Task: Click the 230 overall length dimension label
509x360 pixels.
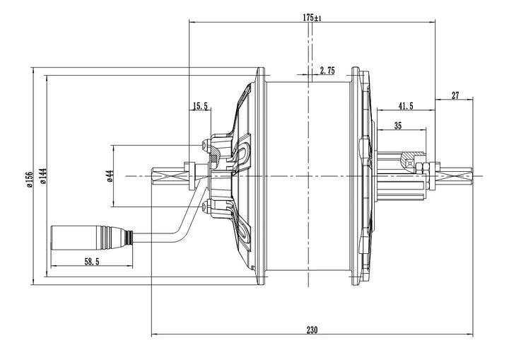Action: (x=312, y=330)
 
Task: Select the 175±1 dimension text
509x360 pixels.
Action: (x=312, y=18)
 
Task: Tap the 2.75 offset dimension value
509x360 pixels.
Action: (x=327, y=71)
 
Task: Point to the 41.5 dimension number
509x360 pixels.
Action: (x=406, y=105)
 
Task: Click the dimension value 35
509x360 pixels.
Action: (x=398, y=125)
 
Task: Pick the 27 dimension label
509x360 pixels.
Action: (x=455, y=95)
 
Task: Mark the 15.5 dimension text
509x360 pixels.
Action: (x=200, y=107)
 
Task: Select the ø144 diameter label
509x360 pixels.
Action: (x=42, y=176)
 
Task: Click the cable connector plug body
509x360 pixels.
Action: (x=75, y=236)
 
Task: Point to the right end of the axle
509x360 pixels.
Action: (x=470, y=175)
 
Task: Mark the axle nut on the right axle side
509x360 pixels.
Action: (x=423, y=168)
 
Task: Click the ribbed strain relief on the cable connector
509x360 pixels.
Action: (x=114, y=236)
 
